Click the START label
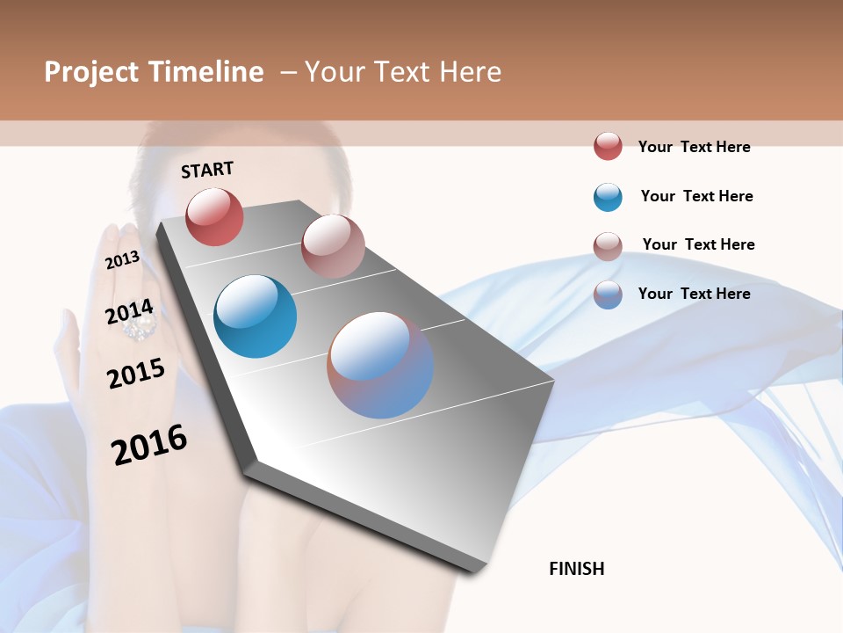point(207,170)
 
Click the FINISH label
point(576,569)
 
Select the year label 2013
point(122,260)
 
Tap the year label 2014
point(129,312)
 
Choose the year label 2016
point(149,445)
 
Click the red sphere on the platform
point(214,216)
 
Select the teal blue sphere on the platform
point(255,316)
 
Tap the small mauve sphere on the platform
point(333,246)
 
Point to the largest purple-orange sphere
point(380,365)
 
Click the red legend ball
point(608,146)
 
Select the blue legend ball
point(608,197)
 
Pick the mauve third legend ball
point(608,246)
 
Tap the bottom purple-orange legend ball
point(608,295)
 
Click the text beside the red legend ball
point(694,147)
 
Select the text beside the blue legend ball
point(696,196)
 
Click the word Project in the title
point(91,72)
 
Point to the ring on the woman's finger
point(139,327)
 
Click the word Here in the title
point(471,72)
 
